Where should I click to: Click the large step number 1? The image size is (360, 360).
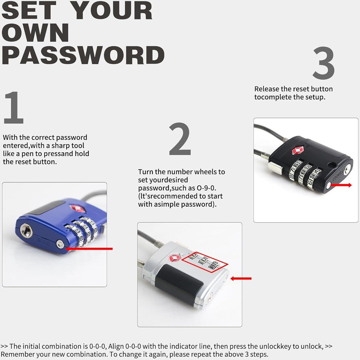pos(13,108)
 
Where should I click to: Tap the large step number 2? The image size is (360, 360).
pos(180,139)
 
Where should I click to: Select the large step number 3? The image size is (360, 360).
pos(323,63)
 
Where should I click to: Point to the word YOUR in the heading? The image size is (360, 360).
pos(112,11)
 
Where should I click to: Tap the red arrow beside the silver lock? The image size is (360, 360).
pos(241,278)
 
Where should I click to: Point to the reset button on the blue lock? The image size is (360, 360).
pos(60,244)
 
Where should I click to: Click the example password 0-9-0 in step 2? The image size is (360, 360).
pos(205,188)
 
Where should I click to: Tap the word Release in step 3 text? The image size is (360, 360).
pos(266,89)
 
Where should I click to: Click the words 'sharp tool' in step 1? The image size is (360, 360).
pos(68,145)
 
